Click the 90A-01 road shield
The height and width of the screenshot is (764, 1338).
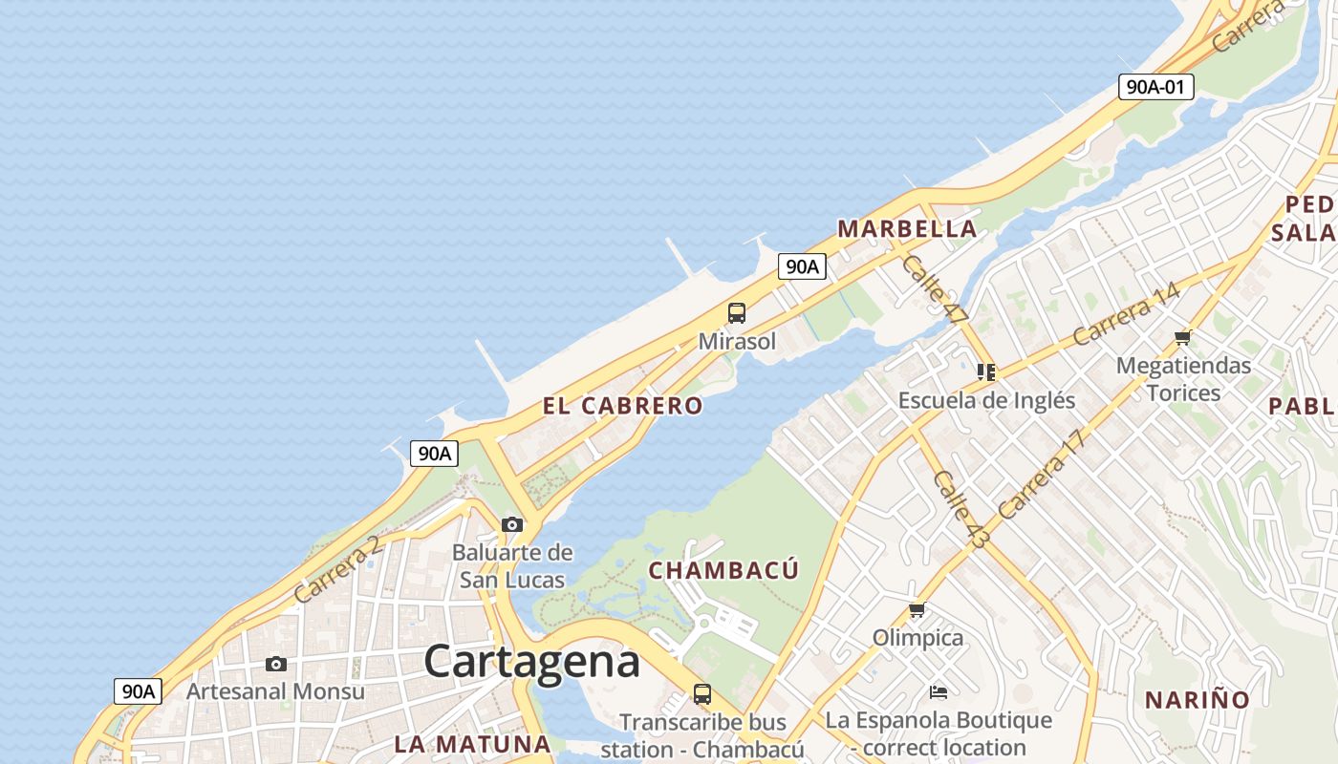(1155, 87)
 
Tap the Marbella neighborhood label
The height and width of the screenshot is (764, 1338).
(907, 229)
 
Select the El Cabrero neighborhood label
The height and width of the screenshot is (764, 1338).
(622, 406)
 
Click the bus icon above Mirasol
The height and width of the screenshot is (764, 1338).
(737, 313)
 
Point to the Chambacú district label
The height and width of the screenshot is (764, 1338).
(723, 570)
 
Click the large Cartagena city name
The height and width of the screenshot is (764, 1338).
(531, 661)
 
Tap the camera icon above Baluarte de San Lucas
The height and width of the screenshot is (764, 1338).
(512, 524)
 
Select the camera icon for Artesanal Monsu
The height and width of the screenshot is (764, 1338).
(276, 664)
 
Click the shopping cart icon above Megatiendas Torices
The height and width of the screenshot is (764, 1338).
(1183, 337)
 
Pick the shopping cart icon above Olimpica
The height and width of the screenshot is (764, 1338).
(917, 609)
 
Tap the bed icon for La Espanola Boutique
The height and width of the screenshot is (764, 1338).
(939, 692)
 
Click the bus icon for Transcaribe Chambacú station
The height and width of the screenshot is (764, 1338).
(702, 694)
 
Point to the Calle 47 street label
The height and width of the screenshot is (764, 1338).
(935, 289)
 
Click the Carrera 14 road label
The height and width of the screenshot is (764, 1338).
(1126, 315)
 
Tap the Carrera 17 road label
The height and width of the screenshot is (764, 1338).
(1042, 475)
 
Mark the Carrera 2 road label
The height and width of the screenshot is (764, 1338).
(337, 570)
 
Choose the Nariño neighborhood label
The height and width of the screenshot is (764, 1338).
(1198, 700)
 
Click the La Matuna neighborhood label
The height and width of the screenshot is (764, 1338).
(472, 744)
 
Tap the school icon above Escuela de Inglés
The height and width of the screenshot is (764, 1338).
(986, 372)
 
